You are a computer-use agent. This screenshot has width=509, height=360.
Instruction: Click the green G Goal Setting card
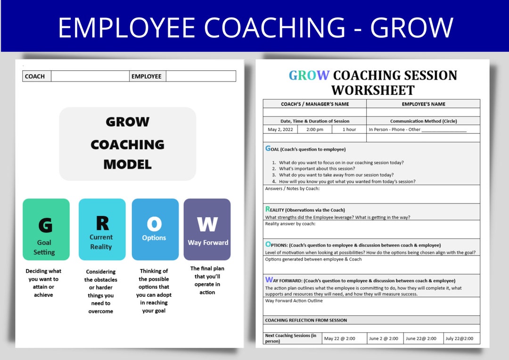click(46, 229)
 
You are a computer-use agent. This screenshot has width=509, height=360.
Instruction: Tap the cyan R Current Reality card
click(102, 229)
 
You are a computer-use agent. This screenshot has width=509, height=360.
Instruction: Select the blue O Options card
click(155, 229)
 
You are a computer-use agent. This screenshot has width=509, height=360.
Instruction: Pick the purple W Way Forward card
click(207, 229)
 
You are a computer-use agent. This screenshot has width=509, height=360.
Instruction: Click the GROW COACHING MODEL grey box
click(127, 144)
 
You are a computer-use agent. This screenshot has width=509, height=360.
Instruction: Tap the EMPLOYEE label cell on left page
click(147, 76)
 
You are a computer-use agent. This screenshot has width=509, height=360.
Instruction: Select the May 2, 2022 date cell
click(280, 130)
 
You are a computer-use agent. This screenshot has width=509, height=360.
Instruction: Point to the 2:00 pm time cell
click(314, 130)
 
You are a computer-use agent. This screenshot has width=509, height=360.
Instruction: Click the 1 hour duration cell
click(349, 130)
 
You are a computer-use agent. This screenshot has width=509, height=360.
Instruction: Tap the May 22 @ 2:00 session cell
click(339, 338)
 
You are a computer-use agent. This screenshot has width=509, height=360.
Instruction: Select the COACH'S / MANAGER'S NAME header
click(315, 104)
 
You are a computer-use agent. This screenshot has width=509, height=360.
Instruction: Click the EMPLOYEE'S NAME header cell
click(423, 104)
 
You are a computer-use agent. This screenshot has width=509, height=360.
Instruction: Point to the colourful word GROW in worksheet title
click(309, 75)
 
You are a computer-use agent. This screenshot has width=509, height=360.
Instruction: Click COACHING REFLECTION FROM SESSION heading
click(306, 320)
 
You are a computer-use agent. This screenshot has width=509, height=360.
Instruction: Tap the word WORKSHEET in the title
click(373, 90)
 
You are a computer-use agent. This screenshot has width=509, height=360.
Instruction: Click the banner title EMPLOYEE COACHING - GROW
click(255, 27)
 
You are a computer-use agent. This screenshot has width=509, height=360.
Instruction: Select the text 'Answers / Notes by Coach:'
click(292, 189)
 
